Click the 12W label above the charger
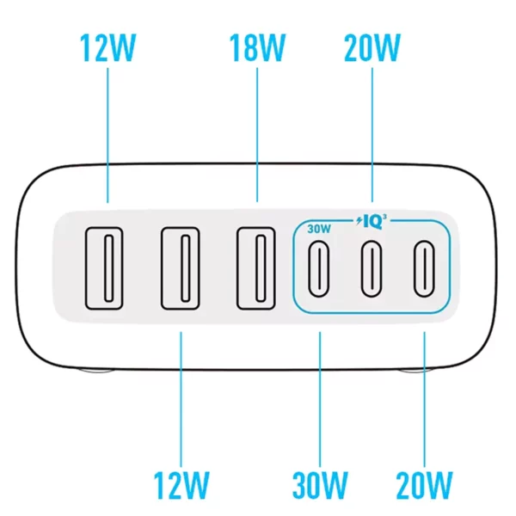pyautogui.click(x=108, y=47)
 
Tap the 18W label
pyautogui.click(x=257, y=47)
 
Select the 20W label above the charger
pyautogui.click(x=372, y=47)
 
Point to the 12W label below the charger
pyautogui.click(x=181, y=485)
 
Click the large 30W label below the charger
pyautogui.click(x=320, y=485)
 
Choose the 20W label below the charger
pyautogui.click(x=424, y=485)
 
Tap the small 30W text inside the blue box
pyautogui.click(x=319, y=229)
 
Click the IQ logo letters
pyautogui.click(x=373, y=223)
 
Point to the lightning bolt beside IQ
pyautogui.click(x=359, y=221)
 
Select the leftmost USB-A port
pyautogui.click(x=104, y=268)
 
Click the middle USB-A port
pyautogui.click(x=181, y=268)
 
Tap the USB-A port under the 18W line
pyautogui.click(x=256, y=268)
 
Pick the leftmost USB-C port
pyautogui.click(x=318, y=268)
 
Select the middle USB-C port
pyautogui.click(x=372, y=268)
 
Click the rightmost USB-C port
pyautogui.click(x=424, y=268)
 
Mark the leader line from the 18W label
pyautogui.click(x=257, y=135)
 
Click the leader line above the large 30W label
pyautogui.click(x=320, y=399)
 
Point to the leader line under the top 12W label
pyautogui.click(x=107, y=135)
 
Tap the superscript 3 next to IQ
pyautogui.click(x=384, y=217)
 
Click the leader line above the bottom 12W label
pyautogui.click(x=181, y=399)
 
